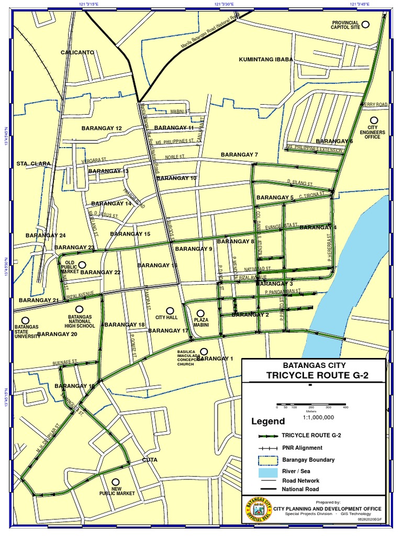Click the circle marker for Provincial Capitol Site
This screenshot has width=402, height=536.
[366, 24]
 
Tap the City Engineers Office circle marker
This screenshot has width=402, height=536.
[373, 120]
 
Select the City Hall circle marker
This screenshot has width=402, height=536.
[170, 311]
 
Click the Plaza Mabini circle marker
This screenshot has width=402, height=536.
[200, 313]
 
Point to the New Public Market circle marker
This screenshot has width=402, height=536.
[116, 482]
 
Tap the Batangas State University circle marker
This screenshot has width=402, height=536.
[25, 320]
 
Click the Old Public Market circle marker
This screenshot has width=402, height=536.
[82, 265]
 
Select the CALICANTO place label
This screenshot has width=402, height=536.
[77, 52]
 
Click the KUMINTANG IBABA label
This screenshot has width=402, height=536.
[266, 60]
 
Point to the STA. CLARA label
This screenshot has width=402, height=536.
[33, 164]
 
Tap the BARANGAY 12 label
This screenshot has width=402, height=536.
[102, 128]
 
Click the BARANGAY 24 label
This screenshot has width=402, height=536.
[46, 236]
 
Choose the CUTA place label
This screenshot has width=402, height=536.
[150, 460]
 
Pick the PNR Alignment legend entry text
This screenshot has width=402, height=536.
[302, 448]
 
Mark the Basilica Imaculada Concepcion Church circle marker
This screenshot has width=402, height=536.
[204, 352]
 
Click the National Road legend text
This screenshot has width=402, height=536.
[300, 489]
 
